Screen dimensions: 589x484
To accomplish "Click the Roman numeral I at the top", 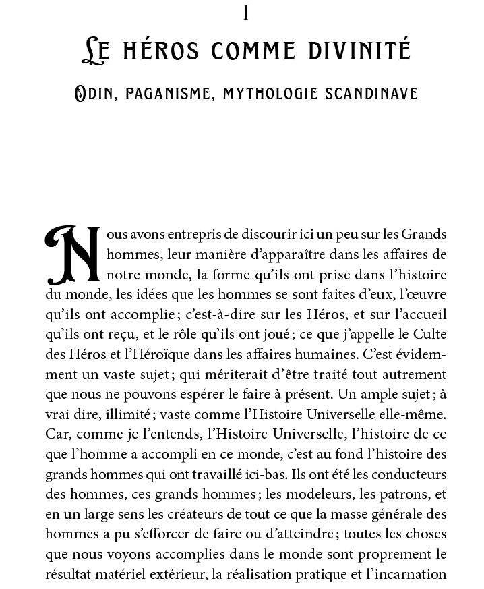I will click(x=247, y=12).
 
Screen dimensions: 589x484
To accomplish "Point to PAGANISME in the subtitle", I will click(x=164, y=93).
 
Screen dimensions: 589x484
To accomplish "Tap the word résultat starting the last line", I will click(x=70, y=576).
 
